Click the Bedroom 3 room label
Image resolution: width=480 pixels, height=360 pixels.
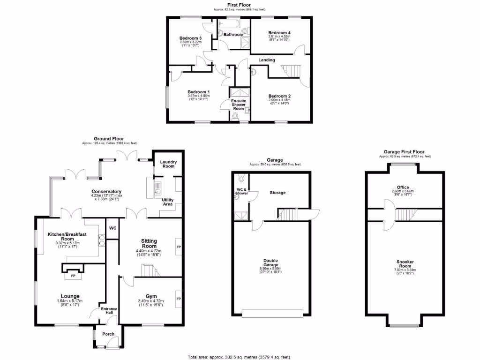190,38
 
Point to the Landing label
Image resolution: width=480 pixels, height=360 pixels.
267,60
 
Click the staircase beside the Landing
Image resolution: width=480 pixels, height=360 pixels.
291,71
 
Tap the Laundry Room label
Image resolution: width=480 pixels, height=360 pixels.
168,164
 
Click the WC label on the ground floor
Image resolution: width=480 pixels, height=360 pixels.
112,228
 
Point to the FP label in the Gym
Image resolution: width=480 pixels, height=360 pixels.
178,299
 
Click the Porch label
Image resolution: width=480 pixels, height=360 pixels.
109,335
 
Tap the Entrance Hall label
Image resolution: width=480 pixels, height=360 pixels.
109,312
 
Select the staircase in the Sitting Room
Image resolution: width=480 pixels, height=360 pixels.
150,270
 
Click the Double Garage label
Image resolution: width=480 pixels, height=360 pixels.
271,264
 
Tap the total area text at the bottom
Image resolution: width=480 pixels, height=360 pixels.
238,356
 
